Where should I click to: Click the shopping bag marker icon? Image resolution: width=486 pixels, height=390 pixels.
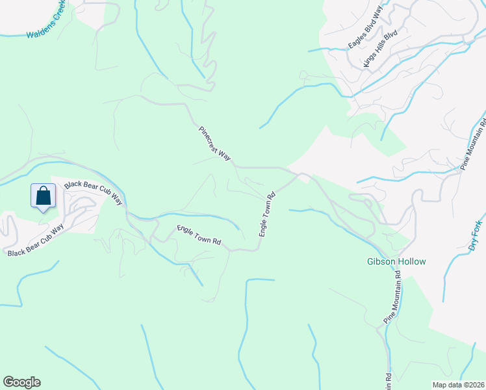pyautogui.click(x=43, y=196)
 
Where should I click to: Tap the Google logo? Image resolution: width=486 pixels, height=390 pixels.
pyautogui.click(x=21, y=382)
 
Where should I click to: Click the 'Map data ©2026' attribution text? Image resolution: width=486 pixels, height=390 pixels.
pyautogui.click(x=459, y=384)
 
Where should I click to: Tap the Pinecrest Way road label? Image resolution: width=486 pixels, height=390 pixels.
pyautogui.click(x=215, y=143)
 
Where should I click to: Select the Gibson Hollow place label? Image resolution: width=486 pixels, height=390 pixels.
pyautogui.click(x=396, y=262)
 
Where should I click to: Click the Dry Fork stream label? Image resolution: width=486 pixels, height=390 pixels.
pyautogui.click(x=477, y=235)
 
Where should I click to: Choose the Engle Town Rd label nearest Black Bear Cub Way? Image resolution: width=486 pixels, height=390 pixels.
pyautogui.click(x=199, y=235)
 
